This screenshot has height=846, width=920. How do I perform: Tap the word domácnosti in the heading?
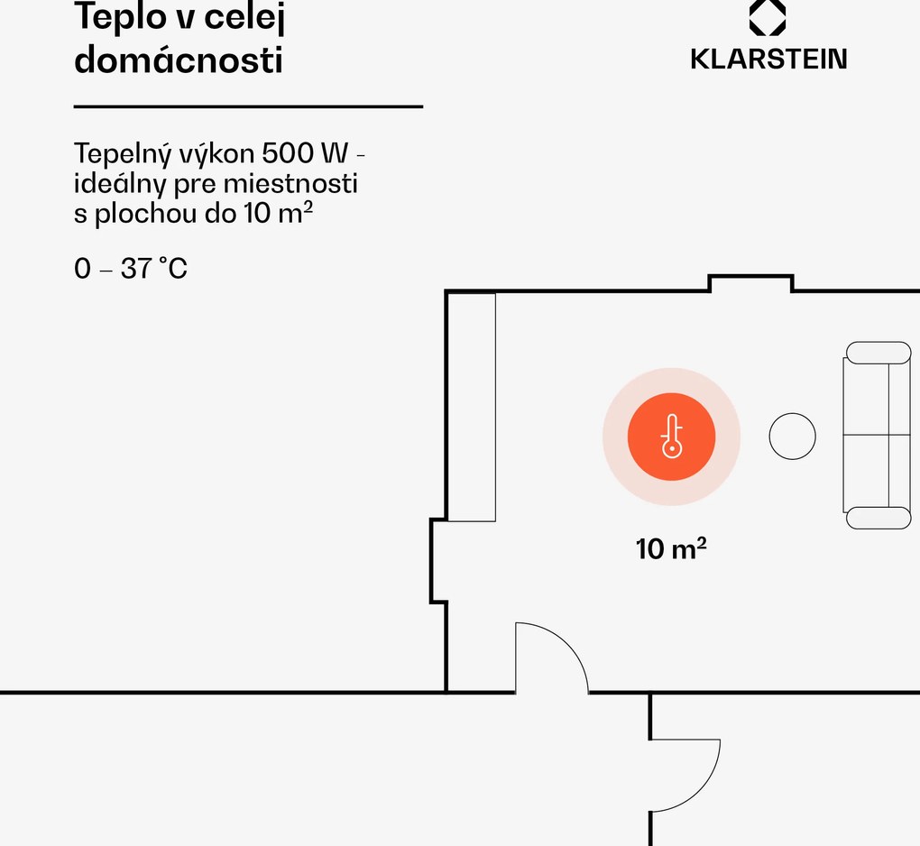[x=178, y=60]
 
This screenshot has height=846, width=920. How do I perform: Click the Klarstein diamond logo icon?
[x=768, y=18]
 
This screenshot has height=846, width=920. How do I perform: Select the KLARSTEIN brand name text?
[x=768, y=60]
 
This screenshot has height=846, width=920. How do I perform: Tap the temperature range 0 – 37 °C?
[x=131, y=268]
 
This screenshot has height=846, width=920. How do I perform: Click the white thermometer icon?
[x=672, y=437]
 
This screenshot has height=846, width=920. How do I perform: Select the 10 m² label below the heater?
[x=671, y=548]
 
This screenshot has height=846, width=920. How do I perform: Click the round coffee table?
[x=792, y=436]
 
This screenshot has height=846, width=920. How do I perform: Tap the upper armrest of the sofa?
[x=878, y=352]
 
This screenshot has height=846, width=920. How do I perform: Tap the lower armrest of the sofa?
[x=878, y=518]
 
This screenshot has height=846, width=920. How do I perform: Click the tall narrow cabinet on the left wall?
[x=472, y=407]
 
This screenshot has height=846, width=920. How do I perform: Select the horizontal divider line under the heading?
[x=248, y=106]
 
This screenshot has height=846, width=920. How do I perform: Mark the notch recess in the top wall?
[x=750, y=283]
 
